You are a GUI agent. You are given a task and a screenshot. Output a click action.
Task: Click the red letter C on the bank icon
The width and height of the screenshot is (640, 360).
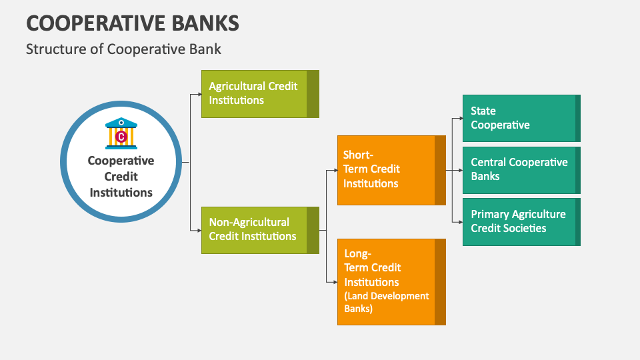click(x=121, y=137)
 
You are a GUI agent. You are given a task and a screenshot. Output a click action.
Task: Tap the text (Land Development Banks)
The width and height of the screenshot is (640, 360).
click(x=387, y=302)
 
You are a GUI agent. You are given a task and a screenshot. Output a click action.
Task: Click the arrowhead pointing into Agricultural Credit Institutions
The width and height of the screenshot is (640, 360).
click(x=199, y=94)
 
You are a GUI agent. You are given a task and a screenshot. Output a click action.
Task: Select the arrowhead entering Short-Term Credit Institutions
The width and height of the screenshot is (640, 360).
click(x=335, y=170)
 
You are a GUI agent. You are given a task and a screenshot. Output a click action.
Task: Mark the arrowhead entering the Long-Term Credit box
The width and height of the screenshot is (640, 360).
click(x=335, y=282)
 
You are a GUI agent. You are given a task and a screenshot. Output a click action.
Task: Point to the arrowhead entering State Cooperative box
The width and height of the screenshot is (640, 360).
click(x=460, y=118)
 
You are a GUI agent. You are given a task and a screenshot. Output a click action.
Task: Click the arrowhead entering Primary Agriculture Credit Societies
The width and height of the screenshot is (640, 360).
click(x=460, y=222)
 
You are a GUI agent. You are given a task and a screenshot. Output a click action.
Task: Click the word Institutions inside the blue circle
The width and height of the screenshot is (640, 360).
click(x=121, y=193)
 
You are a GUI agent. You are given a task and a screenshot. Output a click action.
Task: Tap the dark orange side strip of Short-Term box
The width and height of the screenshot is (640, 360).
click(x=440, y=170)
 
